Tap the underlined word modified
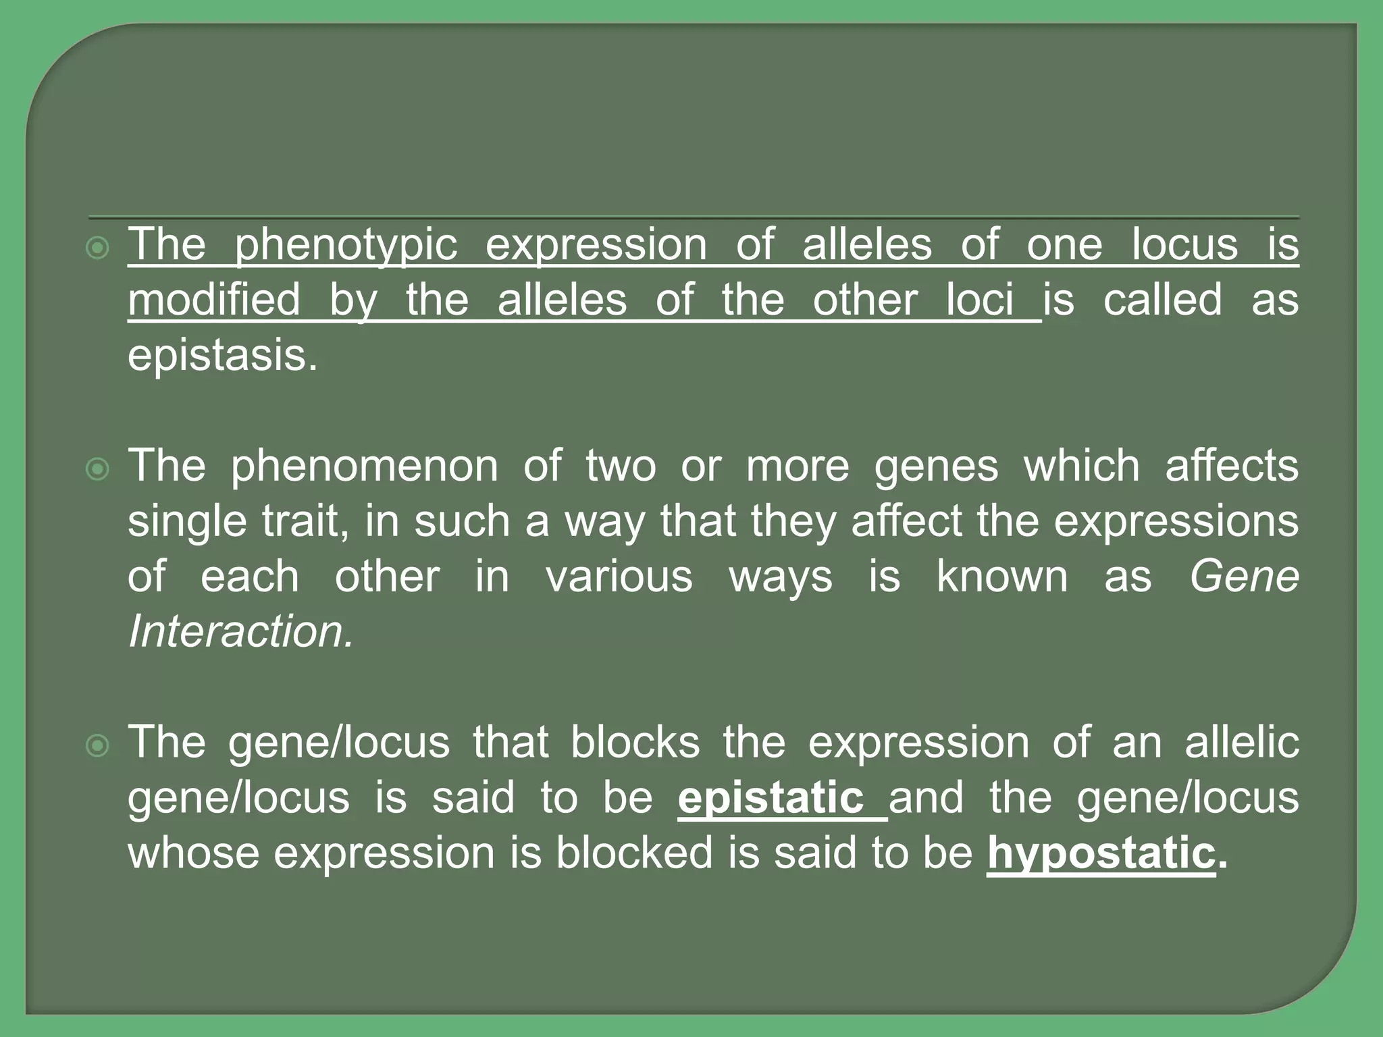coord(214,300)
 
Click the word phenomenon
coord(364,466)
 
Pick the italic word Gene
coord(1244,577)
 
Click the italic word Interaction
coord(240,632)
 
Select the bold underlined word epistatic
coord(771,798)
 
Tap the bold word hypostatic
coord(1101,853)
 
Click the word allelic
coord(1242,743)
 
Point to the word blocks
coord(635,743)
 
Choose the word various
coord(619,577)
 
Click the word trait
coord(306,521)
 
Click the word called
coord(1162,300)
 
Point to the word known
coord(1002,577)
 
